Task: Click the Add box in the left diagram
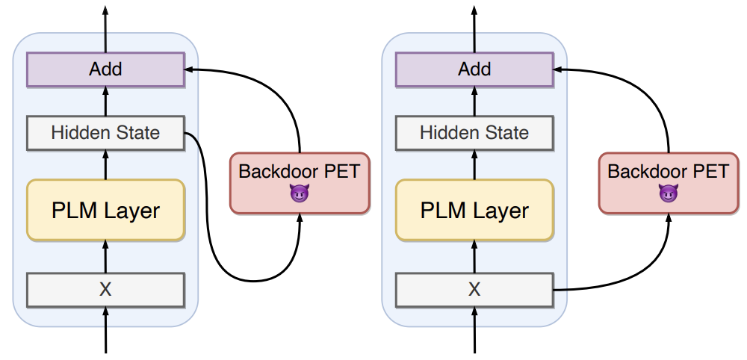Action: [x=105, y=69]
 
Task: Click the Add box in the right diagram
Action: [x=474, y=69]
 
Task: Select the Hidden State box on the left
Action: [x=105, y=133]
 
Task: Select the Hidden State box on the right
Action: [x=474, y=133]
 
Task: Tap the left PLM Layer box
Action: [x=105, y=210]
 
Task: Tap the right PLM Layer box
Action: [x=474, y=210]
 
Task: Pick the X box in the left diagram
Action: [x=105, y=290]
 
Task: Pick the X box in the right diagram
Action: [x=474, y=290]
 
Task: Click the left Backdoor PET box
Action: [x=299, y=182]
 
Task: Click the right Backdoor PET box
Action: [x=668, y=182]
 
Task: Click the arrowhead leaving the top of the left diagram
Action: [x=105, y=10]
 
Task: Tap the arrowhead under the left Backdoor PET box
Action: [x=299, y=218]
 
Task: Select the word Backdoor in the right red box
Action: [x=642, y=171]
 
